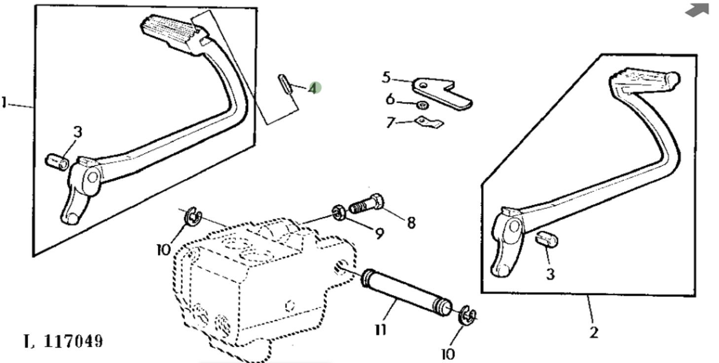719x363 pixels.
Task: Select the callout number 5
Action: (386, 77)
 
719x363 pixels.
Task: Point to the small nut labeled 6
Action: (422, 105)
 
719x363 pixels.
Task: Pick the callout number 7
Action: (391, 122)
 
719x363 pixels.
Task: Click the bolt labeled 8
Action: (367, 204)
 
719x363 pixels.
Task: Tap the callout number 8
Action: (411, 222)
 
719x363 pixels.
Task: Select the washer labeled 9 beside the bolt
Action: (339, 212)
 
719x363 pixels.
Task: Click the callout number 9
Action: (379, 233)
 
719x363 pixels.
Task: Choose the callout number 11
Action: (380, 329)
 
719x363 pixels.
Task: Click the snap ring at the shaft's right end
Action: (467, 316)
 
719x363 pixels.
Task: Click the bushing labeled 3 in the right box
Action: (546, 239)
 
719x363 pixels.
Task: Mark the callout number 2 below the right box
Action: (594, 332)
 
